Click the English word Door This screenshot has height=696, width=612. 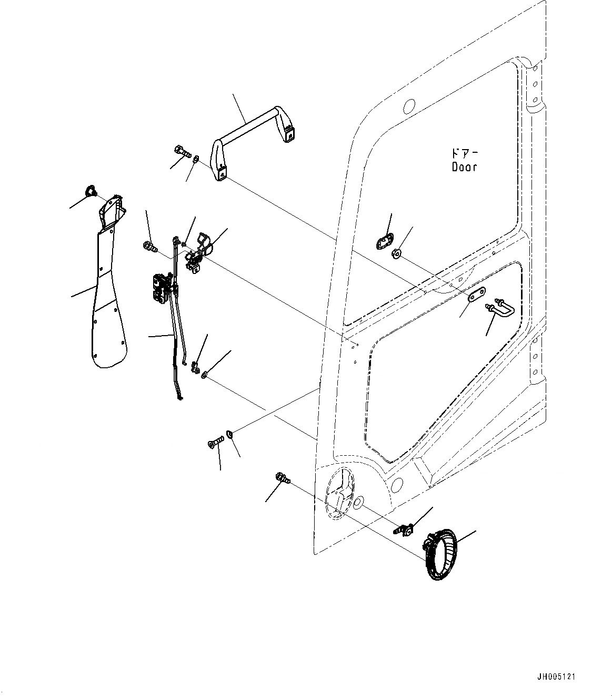tap(465, 167)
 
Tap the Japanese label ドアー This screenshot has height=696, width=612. tap(465, 154)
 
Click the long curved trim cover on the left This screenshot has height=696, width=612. tap(108, 295)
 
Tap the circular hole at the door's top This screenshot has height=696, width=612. tap(408, 106)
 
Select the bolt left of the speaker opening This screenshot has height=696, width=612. tap(282, 478)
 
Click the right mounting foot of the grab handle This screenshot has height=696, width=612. tap(287, 134)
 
